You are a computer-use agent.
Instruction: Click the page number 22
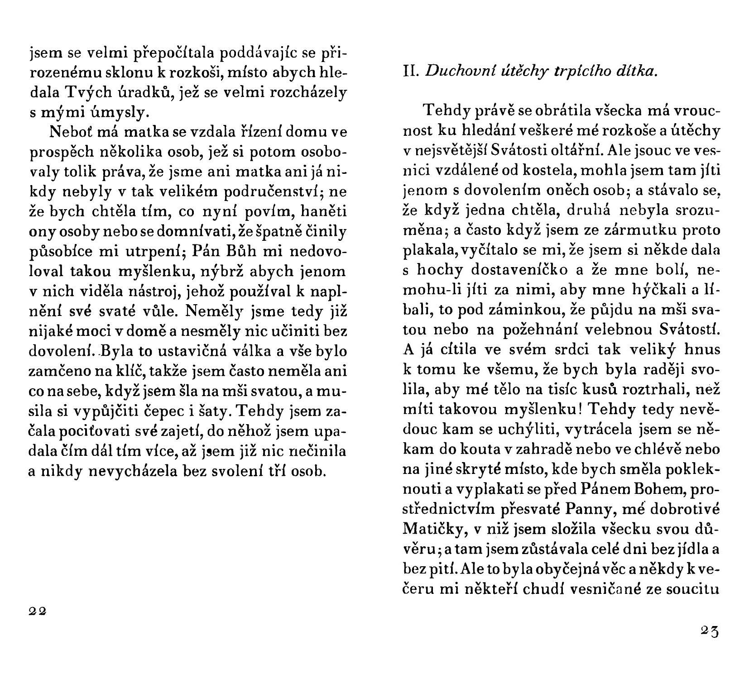point(37,611)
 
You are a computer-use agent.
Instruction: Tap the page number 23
point(710,631)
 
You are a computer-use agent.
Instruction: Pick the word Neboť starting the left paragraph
point(70,132)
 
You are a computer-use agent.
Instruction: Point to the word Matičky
point(433,528)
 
